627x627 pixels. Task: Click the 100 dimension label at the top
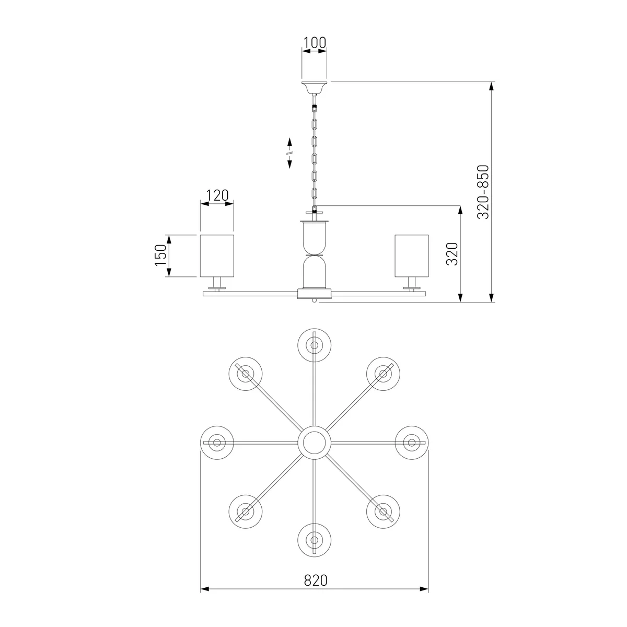pyautogui.click(x=315, y=43)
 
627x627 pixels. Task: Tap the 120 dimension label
pyautogui.click(x=217, y=195)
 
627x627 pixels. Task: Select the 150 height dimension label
pyautogui.click(x=161, y=256)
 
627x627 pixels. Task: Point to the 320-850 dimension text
pyautogui.click(x=483, y=192)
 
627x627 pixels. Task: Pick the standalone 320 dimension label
pyautogui.click(x=452, y=254)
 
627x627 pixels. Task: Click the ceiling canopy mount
pyautogui.click(x=315, y=87)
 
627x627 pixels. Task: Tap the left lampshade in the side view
pyautogui.click(x=217, y=256)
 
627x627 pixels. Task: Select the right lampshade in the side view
pyautogui.click(x=412, y=256)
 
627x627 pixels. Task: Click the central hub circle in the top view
pyautogui.click(x=315, y=443)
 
